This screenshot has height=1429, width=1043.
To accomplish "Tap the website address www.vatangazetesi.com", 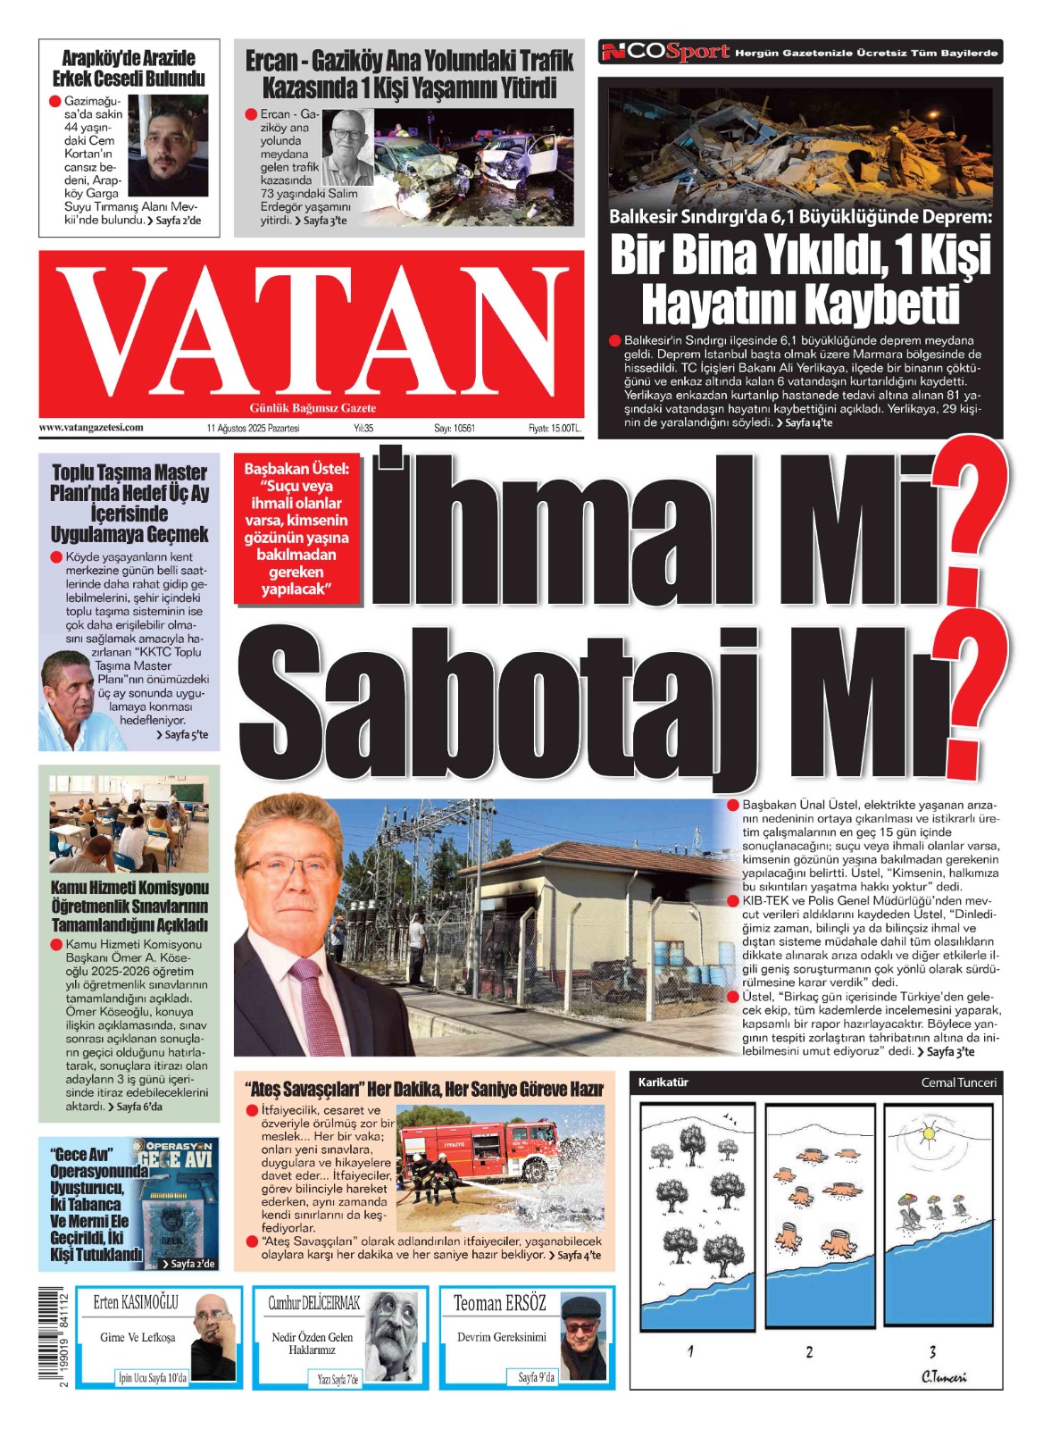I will tap(91, 428).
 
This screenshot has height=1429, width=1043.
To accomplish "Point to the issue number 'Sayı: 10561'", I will tap(455, 429).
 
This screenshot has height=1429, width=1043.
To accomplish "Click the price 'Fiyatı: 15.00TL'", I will tap(555, 429).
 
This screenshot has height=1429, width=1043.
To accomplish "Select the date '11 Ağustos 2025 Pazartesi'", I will tap(253, 429).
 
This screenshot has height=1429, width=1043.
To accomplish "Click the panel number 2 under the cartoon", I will tap(809, 1352).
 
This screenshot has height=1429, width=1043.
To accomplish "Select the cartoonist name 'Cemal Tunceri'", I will tap(958, 1082).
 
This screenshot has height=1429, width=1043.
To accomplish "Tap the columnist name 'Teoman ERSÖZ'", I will tap(499, 1303).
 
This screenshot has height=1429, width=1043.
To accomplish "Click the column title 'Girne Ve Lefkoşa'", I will tap(138, 1337).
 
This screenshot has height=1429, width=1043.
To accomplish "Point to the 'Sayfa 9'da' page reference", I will tap(536, 1377).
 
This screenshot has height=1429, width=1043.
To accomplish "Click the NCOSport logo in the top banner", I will tap(665, 53).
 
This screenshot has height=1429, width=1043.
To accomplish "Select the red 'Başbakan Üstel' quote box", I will tap(296, 529).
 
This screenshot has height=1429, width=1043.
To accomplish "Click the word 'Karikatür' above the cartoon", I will tap(663, 1082).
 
